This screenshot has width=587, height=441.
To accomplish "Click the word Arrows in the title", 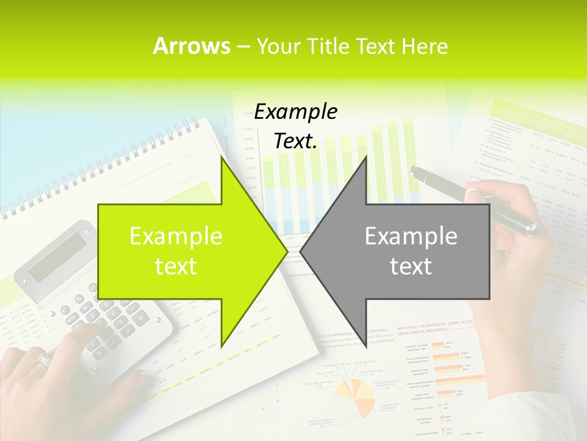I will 191,46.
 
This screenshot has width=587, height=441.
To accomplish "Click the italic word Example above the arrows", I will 295,111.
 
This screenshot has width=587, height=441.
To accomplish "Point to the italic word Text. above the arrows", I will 295,141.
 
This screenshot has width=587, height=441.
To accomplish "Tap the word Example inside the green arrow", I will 176,236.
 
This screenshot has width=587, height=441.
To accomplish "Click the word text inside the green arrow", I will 176,266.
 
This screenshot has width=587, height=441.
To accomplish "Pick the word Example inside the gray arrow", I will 411,236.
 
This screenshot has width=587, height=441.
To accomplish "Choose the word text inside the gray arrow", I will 411,266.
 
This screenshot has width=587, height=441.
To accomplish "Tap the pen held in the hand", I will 477,199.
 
